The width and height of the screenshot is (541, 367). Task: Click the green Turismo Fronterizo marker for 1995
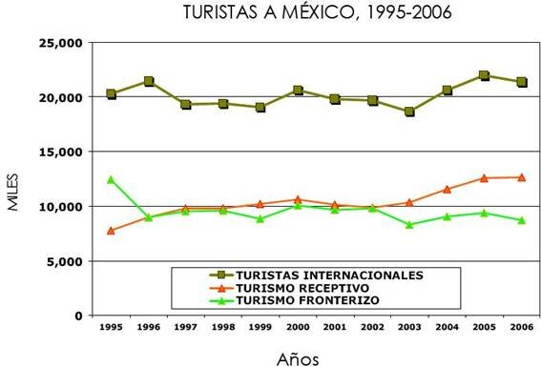[112, 179]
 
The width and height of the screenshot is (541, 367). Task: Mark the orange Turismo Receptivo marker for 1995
[112, 230]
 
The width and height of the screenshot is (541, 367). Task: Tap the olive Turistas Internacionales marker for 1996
[149, 82]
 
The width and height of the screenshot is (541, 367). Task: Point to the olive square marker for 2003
[409, 112]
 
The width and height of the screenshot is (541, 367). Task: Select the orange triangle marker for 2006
[521, 177]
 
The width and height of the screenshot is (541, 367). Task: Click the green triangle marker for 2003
[409, 225]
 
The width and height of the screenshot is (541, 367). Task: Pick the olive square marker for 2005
[484, 75]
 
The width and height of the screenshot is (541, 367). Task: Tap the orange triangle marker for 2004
[447, 189]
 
